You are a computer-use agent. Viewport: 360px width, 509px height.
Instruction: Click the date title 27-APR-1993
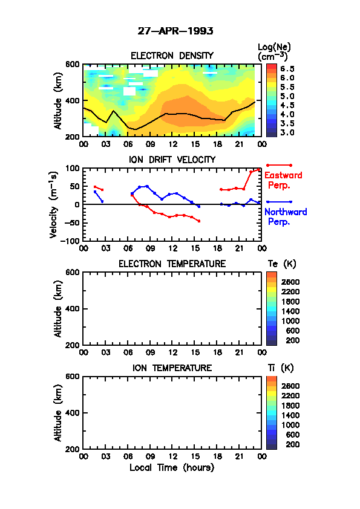(x=175, y=31)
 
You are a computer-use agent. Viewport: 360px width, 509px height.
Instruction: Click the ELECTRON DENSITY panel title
(x=172, y=56)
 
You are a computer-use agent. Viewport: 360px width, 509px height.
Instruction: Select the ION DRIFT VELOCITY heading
(x=172, y=160)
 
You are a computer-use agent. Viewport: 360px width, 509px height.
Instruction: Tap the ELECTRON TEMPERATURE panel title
(x=172, y=264)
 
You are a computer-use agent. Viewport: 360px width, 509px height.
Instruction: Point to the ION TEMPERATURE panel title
(x=172, y=368)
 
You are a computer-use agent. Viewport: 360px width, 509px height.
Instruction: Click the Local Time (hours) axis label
(x=172, y=467)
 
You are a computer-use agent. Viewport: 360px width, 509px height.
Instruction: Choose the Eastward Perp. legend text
(x=283, y=180)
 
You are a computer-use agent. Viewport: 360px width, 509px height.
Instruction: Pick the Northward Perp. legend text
(x=286, y=217)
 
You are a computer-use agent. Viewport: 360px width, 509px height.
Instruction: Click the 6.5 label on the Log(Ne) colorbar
(x=287, y=69)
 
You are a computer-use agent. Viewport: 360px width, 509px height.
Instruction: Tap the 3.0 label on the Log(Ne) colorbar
(x=287, y=132)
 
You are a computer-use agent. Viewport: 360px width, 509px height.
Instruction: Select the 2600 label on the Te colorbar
(x=290, y=282)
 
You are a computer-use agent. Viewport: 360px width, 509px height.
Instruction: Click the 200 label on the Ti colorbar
(x=292, y=444)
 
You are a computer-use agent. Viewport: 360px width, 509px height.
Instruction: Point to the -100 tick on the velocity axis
(x=72, y=241)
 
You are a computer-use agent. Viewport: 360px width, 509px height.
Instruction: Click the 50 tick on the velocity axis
(x=76, y=186)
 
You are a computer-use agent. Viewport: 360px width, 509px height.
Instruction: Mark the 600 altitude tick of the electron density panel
(x=73, y=64)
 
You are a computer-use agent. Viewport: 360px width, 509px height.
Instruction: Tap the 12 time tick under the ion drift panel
(x=173, y=248)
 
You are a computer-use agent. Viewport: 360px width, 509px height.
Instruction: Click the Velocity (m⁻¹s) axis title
(x=54, y=204)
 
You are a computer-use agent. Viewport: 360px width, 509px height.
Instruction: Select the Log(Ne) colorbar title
(x=274, y=52)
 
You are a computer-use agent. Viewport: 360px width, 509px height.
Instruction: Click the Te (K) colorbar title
(x=282, y=264)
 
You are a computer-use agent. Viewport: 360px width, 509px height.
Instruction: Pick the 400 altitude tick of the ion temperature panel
(x=73, y=413)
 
